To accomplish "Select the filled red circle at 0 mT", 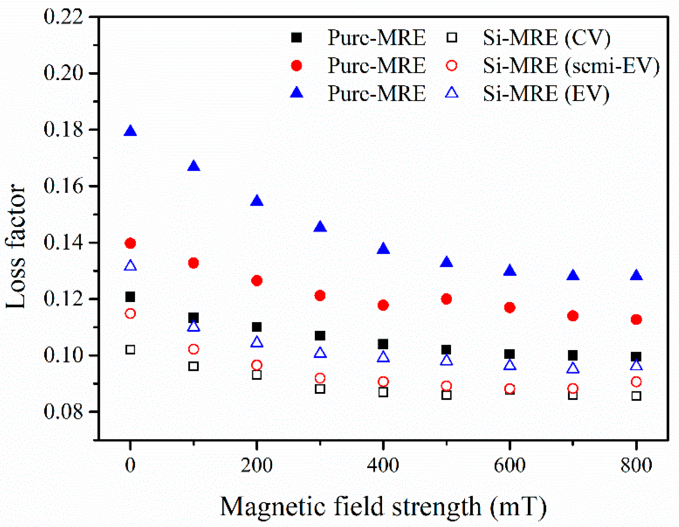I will (x=130, y=243).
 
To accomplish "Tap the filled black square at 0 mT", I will (x=130, y=297).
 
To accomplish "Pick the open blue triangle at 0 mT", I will (x=130, y=266).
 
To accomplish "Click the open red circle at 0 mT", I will (x=130, y=314).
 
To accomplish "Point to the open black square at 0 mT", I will (x=130, y=349).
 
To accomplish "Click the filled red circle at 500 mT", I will (x=446, y=299).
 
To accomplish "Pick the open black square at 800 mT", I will (x=636, y=396).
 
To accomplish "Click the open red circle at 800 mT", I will (x=636, y=382).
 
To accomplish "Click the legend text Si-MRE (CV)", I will (x=546, y=38).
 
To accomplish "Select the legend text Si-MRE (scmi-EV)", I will (x=571, y=66).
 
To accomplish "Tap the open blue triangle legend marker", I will (x=452, y=93).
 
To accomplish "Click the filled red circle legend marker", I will (x=296, y=66).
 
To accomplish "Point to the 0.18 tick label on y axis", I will (x=63, y=130).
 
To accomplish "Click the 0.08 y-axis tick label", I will (x=63, y=412).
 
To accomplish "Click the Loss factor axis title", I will (x=15, y=246).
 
